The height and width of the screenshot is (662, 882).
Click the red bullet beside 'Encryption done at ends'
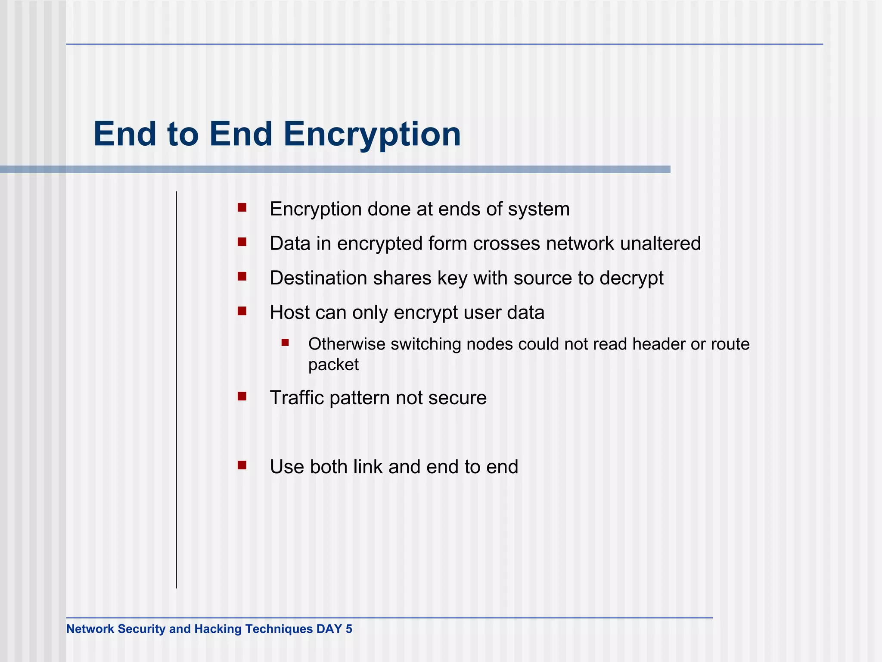point(242,208)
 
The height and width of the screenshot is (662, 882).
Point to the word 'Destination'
point(318,278)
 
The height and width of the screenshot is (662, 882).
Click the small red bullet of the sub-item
point(285,343)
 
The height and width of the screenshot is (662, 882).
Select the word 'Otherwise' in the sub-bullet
point(347,344)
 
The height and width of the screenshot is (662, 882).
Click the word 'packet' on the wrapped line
point(333,365)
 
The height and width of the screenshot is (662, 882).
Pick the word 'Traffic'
point(297,398)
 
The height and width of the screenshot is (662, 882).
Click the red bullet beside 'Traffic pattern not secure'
point(242,396)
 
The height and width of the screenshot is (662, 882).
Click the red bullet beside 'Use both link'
point(242,465)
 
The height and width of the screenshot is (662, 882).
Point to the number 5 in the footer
point(349,629)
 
